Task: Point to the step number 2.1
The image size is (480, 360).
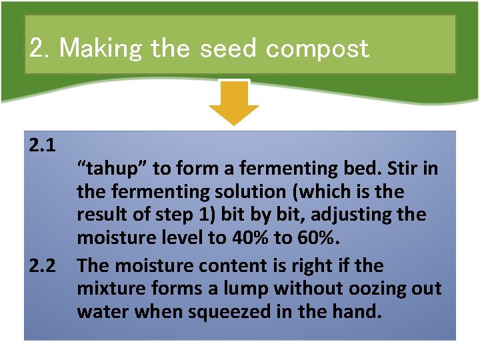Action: coord(42,145)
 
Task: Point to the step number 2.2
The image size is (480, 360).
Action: coord(42,265)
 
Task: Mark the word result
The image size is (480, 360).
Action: coord(99,215)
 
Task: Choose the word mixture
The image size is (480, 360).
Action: coord(109,288)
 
